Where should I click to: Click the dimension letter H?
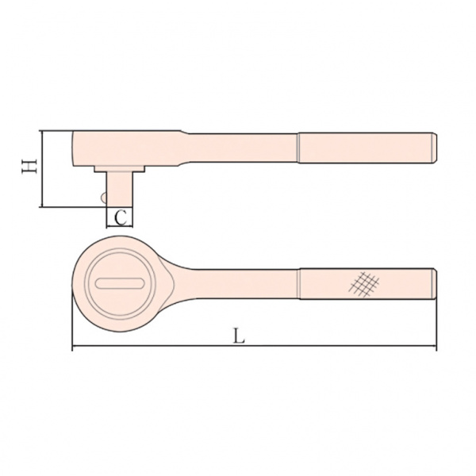click(x=29, y=167)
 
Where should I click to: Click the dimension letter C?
click(x=121, y=217)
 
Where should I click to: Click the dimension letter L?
click(x=239, y=336)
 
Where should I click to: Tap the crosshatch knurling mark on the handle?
click(x=363, y=284)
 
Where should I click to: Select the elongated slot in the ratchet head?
click(x=120, y=283)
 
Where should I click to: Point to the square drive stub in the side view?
click(x=119, y=190)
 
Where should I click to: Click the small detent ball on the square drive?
click(x=103, y=197)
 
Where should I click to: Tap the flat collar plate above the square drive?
click(x=119, y=169)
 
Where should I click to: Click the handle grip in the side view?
click(x=367, y=148)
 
